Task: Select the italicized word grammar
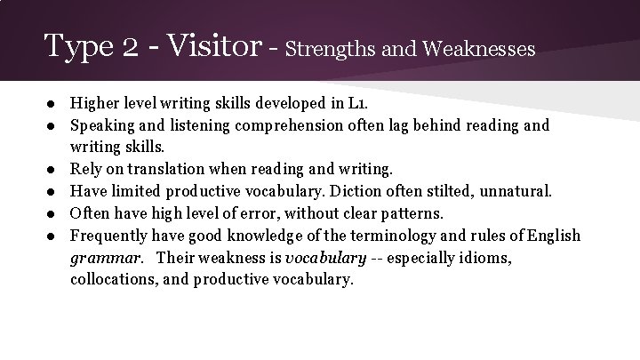point(108,258)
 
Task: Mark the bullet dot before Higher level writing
point(55,105)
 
